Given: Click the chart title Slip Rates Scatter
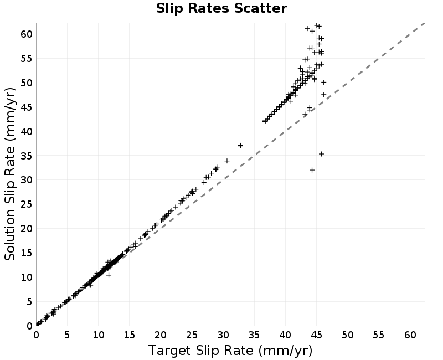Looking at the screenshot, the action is point(221,8).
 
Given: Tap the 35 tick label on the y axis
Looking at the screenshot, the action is point(27,156).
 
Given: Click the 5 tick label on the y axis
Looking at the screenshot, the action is point(30,302).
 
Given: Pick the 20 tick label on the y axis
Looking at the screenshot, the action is point(27,229).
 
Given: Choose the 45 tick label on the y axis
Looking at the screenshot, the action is point(27,107).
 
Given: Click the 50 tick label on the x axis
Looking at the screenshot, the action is point(348,335).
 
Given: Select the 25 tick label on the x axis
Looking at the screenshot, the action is point(192,335).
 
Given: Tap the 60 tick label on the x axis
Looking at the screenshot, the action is point(410,335).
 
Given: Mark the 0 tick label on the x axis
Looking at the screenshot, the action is point(36,335).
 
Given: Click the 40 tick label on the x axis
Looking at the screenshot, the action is point(285,335).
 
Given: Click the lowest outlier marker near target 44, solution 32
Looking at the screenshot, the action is point(312,170).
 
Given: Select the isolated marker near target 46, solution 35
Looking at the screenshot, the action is point(321,154).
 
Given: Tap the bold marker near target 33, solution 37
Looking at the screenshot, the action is point(240,146).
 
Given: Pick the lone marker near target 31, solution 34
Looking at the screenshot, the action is point(227,161).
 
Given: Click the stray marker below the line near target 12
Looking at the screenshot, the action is point(109,275).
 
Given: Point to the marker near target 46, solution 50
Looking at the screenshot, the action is point(324,82).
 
